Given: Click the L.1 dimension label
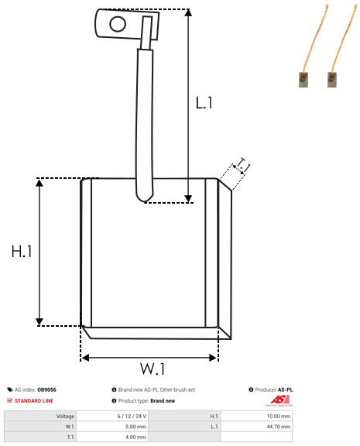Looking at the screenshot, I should [x=204, y=101].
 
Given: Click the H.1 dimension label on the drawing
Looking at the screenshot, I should [x=21, y=252].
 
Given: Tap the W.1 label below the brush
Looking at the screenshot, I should [x=153, y=368].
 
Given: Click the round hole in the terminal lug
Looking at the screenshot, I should [x=118, y=24].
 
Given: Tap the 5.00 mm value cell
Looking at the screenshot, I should [x=135, y=426].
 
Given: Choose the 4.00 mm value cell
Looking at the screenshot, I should [x=135, y=436].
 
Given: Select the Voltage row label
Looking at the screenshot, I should [x=65, y=416].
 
